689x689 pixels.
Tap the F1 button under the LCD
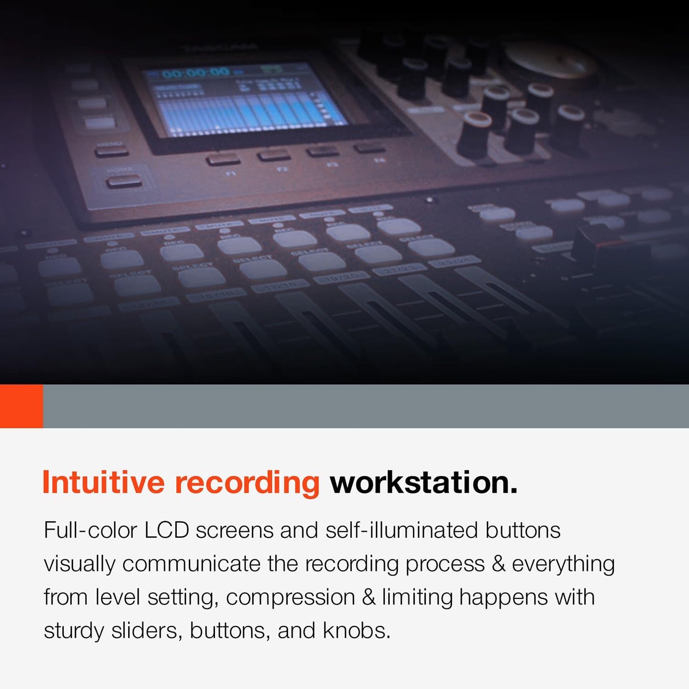223,159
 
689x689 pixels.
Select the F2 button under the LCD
274,155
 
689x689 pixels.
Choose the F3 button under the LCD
323,151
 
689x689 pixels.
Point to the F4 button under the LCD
370,147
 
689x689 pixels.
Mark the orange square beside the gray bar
21,406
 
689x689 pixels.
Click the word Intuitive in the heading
103,483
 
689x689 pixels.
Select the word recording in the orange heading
247,483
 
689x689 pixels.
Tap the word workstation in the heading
423,483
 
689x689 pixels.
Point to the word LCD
166,530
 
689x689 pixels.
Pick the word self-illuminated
401,530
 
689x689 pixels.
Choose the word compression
290,597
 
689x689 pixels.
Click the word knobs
356,631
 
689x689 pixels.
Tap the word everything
563,564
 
